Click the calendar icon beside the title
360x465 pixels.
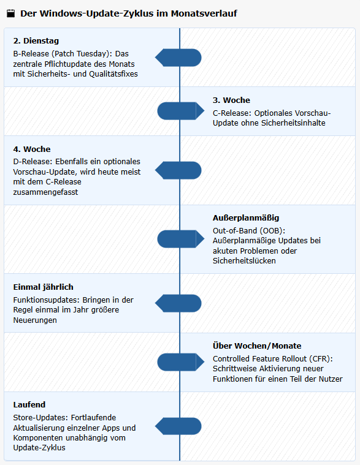(10, 13)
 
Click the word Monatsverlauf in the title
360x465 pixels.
(204, 13)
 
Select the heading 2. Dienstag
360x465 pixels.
(36, 40)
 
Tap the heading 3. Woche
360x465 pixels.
(231, 100)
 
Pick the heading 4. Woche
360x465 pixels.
(32, 149)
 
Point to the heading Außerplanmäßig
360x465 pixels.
(246, 218)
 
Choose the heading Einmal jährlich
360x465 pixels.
(43, 287)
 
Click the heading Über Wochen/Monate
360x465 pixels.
(257, 346)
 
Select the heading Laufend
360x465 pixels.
(29, 404)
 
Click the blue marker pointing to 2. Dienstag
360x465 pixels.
(178, 58)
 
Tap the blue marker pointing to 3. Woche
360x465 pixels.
(181, 112)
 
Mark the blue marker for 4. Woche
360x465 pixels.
(178, 170)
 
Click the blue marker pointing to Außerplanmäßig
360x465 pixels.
(181, 239)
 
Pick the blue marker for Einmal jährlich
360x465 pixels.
(178, 303)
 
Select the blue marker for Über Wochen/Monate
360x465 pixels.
(181, 362)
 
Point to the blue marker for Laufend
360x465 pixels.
(178, 426)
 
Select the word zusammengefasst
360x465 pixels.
(45, 192)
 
